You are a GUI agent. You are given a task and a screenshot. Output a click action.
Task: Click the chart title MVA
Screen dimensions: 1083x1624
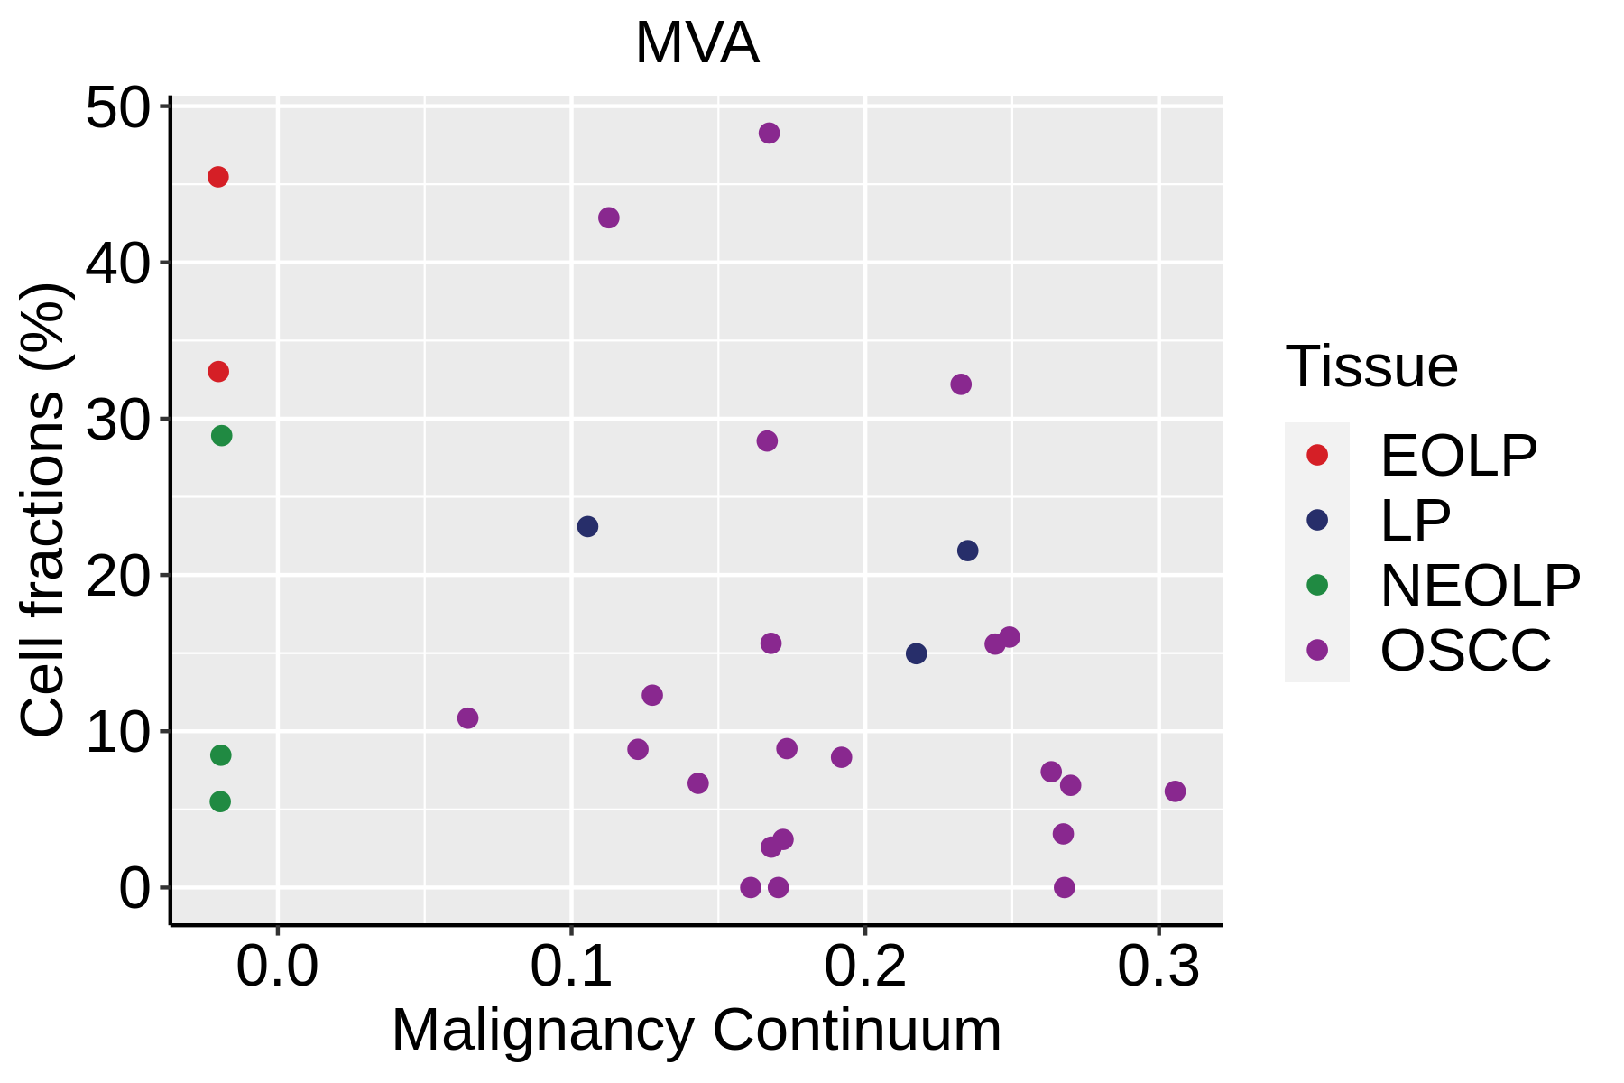[x=697, y=43]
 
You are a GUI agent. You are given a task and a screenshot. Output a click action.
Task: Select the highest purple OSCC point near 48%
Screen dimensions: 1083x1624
[x=769, y=134]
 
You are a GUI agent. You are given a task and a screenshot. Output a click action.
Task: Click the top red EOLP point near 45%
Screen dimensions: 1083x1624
[x=217, y=177]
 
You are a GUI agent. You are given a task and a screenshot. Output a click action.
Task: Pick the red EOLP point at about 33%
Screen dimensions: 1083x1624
[x=218, y=372]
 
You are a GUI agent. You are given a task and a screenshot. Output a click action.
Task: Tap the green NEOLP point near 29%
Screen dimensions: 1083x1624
[x=221, y=436]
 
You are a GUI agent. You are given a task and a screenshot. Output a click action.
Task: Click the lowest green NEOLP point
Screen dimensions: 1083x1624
[x=220, y=801]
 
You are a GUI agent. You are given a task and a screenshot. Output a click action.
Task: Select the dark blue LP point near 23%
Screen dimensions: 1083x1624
[x=587, y=527]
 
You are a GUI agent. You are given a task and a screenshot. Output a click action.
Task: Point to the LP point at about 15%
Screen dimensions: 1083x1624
[x=916, y=653]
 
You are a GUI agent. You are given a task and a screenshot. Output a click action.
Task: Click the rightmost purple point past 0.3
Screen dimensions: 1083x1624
[x=1175, y=791]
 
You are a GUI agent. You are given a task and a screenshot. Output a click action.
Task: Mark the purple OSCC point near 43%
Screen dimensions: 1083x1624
[x=609, y=218]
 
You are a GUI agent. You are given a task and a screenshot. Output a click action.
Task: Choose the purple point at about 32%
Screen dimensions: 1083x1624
[x=961, y=384]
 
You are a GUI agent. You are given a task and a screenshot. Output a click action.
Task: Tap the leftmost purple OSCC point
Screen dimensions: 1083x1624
[x=467, y=718]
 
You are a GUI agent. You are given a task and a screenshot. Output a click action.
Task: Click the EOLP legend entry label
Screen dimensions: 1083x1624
[x=1458, y=456]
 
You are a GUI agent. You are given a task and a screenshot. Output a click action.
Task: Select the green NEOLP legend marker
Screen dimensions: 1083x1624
[x=1317, y=585]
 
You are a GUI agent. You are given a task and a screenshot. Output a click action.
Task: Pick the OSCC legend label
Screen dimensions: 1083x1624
[x=1465, y=650]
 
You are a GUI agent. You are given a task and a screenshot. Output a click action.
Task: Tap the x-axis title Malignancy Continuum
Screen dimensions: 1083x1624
[x=696, y=1030]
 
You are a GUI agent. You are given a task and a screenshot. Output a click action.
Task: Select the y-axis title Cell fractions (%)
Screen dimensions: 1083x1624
[x=42, y=510]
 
